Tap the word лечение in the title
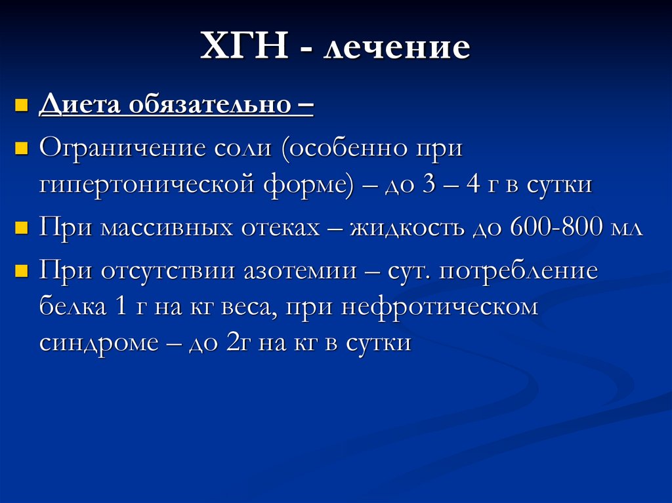[396, 49]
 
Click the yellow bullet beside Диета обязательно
[21, 105]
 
